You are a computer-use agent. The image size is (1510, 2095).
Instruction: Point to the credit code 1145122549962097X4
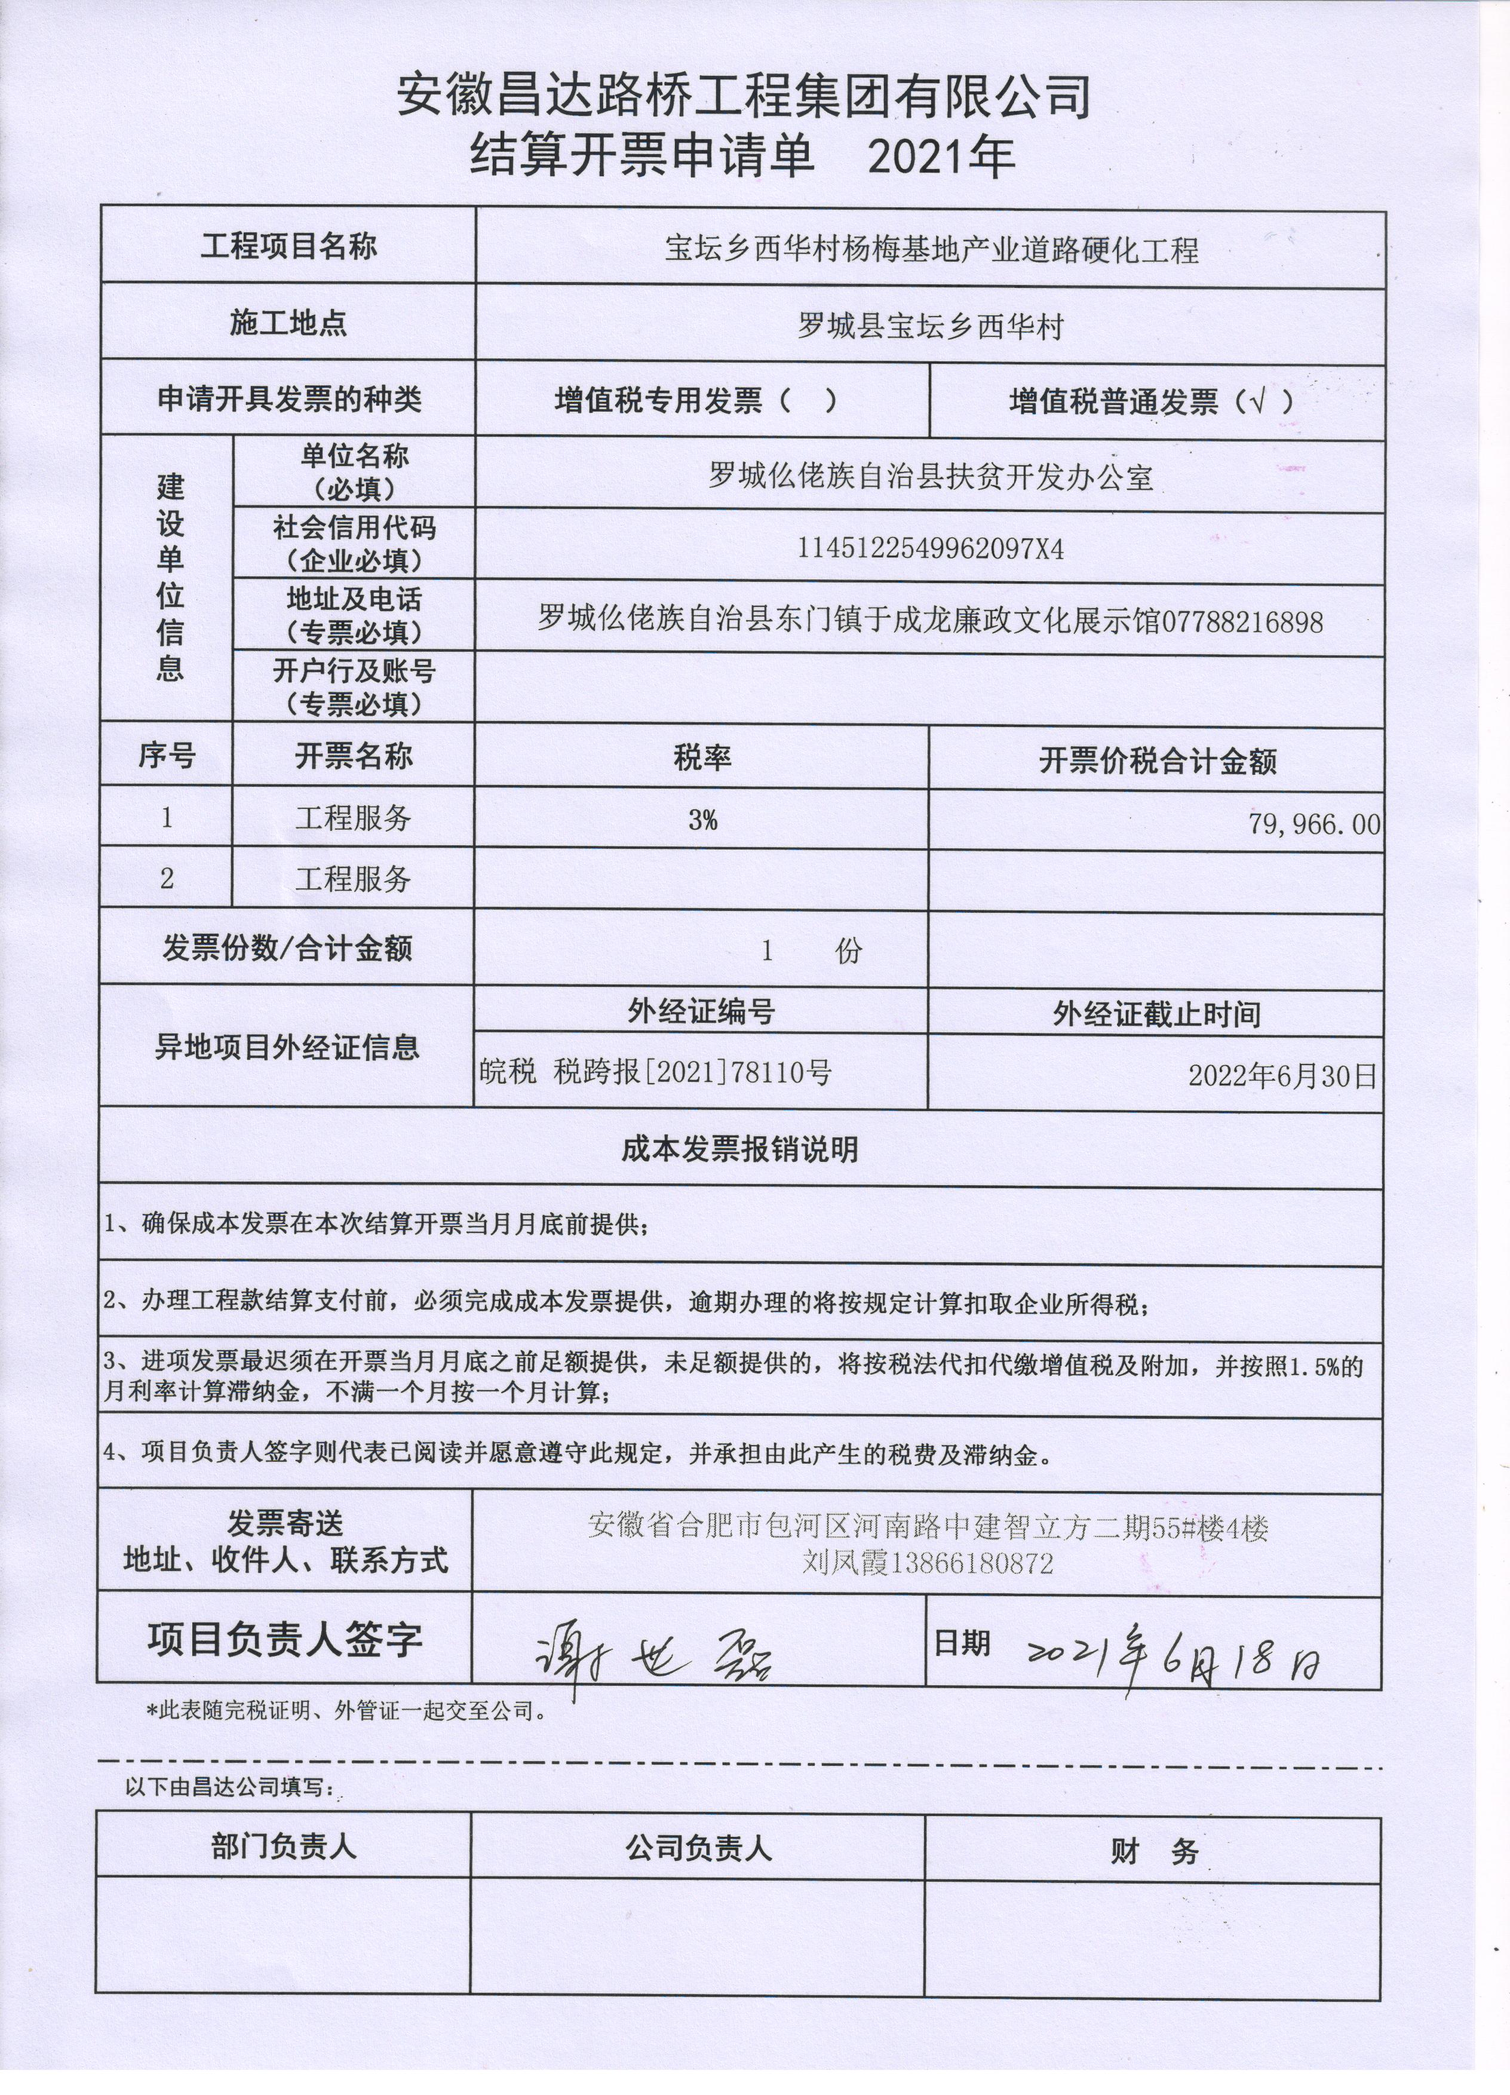930,550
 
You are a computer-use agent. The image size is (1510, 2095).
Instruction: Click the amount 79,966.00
1313,824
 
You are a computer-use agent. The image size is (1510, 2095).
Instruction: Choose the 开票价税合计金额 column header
1156,761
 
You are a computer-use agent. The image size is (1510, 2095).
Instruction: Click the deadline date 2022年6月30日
1282,1076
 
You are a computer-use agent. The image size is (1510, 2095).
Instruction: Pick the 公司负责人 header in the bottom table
698,1848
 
